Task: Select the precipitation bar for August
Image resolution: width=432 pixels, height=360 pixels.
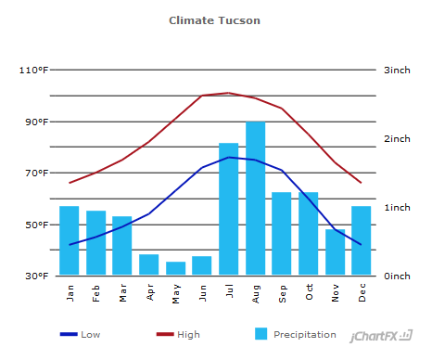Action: coord(256,199)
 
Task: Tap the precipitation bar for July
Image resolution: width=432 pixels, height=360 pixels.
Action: coord(229,209)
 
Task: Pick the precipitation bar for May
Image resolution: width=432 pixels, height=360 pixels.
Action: coord(176,268)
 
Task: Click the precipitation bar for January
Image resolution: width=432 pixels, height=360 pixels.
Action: coord(70,240)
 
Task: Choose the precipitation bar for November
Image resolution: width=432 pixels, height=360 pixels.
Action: coord(336,251)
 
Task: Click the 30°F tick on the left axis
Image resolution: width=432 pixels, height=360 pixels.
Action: coord(36,276)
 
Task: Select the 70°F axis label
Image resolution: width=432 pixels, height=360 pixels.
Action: coord(36,174)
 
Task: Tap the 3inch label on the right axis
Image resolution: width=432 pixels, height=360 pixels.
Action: coord(398,71)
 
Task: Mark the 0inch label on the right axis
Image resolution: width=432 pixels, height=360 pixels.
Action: coord(398,276)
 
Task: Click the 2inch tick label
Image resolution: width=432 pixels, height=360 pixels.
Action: coord(398,139)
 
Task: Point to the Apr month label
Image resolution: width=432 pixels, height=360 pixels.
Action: coord(150,292)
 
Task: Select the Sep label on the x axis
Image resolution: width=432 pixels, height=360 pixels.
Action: coord(283,292)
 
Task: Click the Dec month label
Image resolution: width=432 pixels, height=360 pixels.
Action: coord(362,292)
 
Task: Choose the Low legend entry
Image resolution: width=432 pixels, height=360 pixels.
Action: coord(81,334)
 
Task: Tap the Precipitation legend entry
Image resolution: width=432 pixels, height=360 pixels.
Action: coord(295,334)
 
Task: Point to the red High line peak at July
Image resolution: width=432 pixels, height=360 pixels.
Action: coord(229,93)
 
